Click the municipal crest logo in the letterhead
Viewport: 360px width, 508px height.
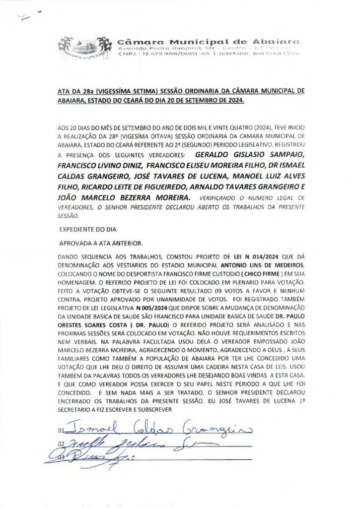click(x=83, y=48)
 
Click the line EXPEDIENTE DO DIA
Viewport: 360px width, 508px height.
click(x=88, y=231)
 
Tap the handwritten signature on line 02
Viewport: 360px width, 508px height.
click(x=124, y=443)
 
